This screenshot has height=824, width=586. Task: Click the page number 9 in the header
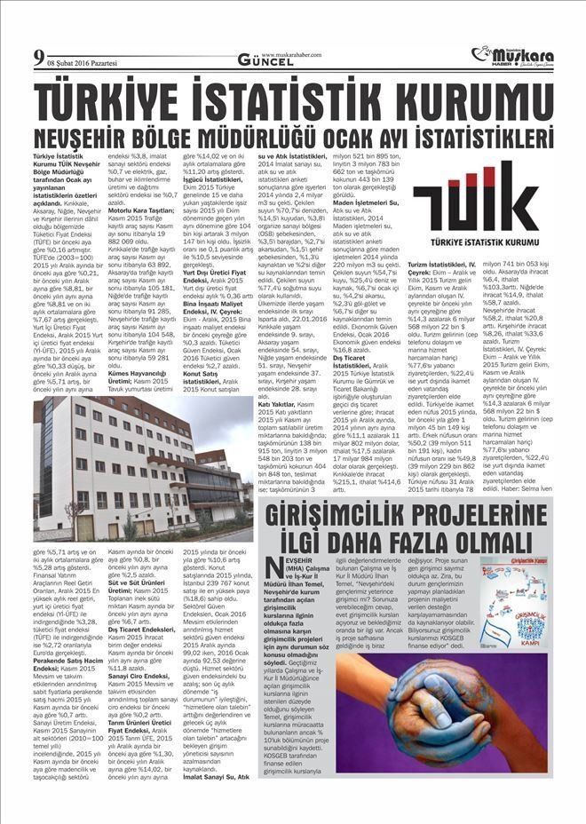pos(39,61)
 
